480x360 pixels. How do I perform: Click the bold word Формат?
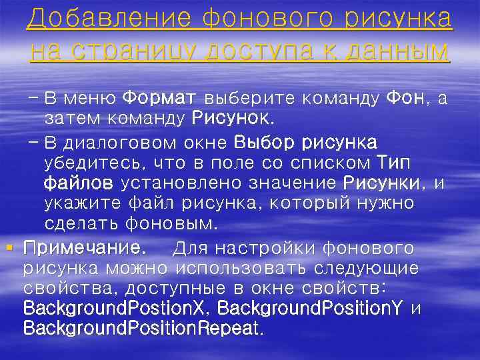coord(159,99)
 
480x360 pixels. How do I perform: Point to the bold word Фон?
coord(406,99)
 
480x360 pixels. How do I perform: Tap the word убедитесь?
coord(93,162)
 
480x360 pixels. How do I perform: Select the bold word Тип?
coord(393,162)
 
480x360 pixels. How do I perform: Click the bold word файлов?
coord(78,182)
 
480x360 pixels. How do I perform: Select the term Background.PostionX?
coord(116,309)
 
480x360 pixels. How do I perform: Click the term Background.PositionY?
coord(311,309)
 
